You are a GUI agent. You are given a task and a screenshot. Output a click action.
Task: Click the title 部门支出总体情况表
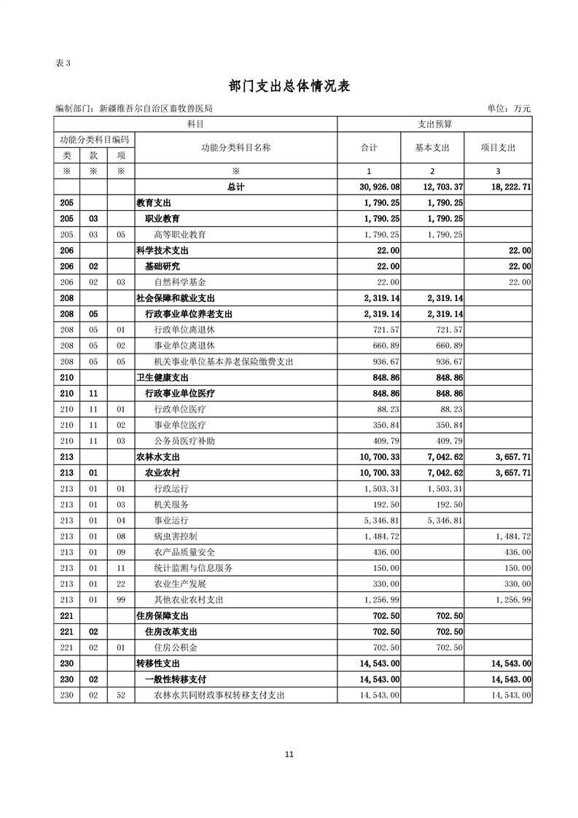289,86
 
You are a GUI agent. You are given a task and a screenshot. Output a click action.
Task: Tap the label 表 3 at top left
63,63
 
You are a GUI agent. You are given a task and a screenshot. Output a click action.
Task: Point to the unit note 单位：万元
509,109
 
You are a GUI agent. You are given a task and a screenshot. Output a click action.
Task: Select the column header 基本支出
432,148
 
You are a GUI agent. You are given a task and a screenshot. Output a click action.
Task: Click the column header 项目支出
498,148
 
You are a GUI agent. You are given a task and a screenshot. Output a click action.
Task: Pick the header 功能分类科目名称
235,148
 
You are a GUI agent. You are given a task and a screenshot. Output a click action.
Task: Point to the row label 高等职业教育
179,235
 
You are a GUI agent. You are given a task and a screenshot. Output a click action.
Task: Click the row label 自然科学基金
179,282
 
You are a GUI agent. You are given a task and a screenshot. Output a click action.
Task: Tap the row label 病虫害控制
175,536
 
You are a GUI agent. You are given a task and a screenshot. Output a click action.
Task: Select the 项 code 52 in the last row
121,696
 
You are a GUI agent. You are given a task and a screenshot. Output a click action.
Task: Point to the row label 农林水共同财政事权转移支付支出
219,696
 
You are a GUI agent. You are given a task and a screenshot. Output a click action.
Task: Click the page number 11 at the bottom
289,755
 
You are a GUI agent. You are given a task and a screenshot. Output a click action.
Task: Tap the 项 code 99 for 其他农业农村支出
121,599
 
